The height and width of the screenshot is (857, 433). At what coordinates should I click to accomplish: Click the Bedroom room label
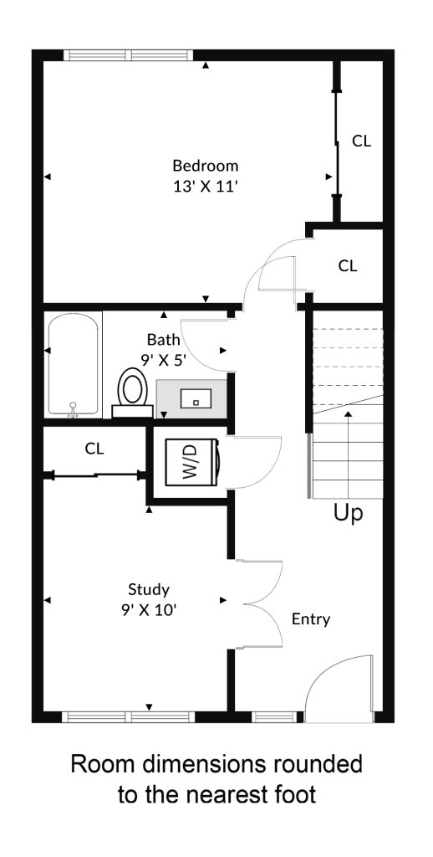[206, 165]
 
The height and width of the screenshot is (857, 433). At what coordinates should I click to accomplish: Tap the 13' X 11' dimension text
[206, 187]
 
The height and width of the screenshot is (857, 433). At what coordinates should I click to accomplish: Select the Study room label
[149, 590]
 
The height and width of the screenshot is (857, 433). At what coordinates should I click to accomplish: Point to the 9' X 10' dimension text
[149, 610]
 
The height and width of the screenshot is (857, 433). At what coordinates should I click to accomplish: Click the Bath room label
[163, 340]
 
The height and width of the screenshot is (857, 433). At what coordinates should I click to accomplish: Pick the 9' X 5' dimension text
[163, 360]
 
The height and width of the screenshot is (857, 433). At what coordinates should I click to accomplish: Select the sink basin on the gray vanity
[196, 398]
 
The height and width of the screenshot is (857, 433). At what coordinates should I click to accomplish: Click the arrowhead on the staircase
[349, 414]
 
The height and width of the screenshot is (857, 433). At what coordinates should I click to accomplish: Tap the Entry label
[311, 620]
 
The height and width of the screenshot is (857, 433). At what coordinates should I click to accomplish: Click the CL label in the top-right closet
[361, 141]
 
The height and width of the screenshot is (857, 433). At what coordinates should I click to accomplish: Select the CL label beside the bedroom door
[348, 266]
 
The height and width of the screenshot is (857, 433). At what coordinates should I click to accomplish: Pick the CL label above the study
[94, 449]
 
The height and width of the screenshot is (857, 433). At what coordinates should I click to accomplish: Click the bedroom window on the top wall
[129, 55]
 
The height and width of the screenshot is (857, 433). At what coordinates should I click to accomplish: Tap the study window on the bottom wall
[129, 717]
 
